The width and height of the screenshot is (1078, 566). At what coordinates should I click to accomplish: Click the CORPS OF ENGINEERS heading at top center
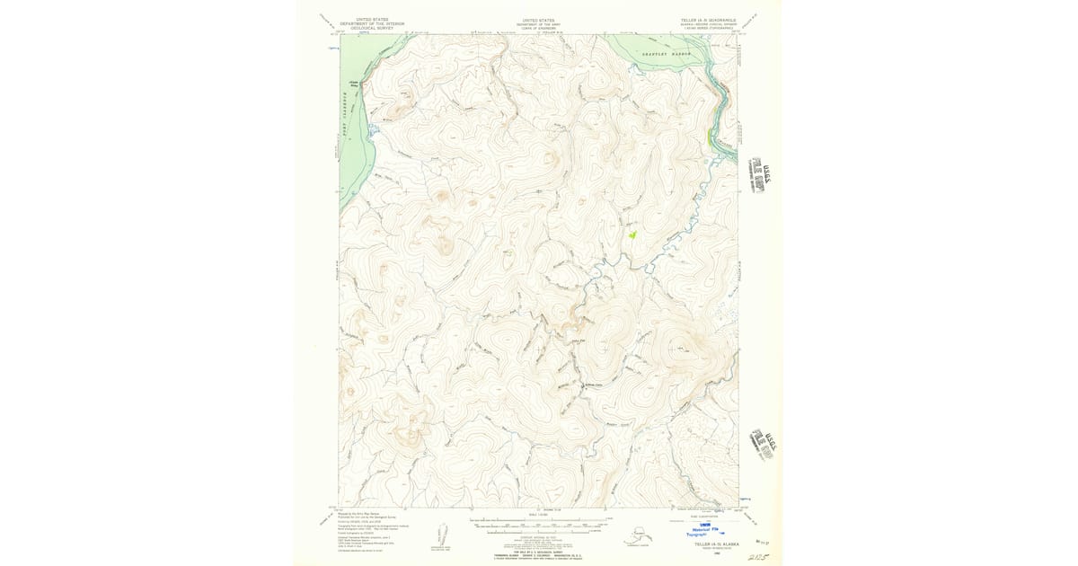pos(538,28)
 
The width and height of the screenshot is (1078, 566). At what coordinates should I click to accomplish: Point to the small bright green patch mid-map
pos(632,234)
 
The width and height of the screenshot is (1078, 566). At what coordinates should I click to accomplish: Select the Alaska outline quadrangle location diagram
pos(639,538)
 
